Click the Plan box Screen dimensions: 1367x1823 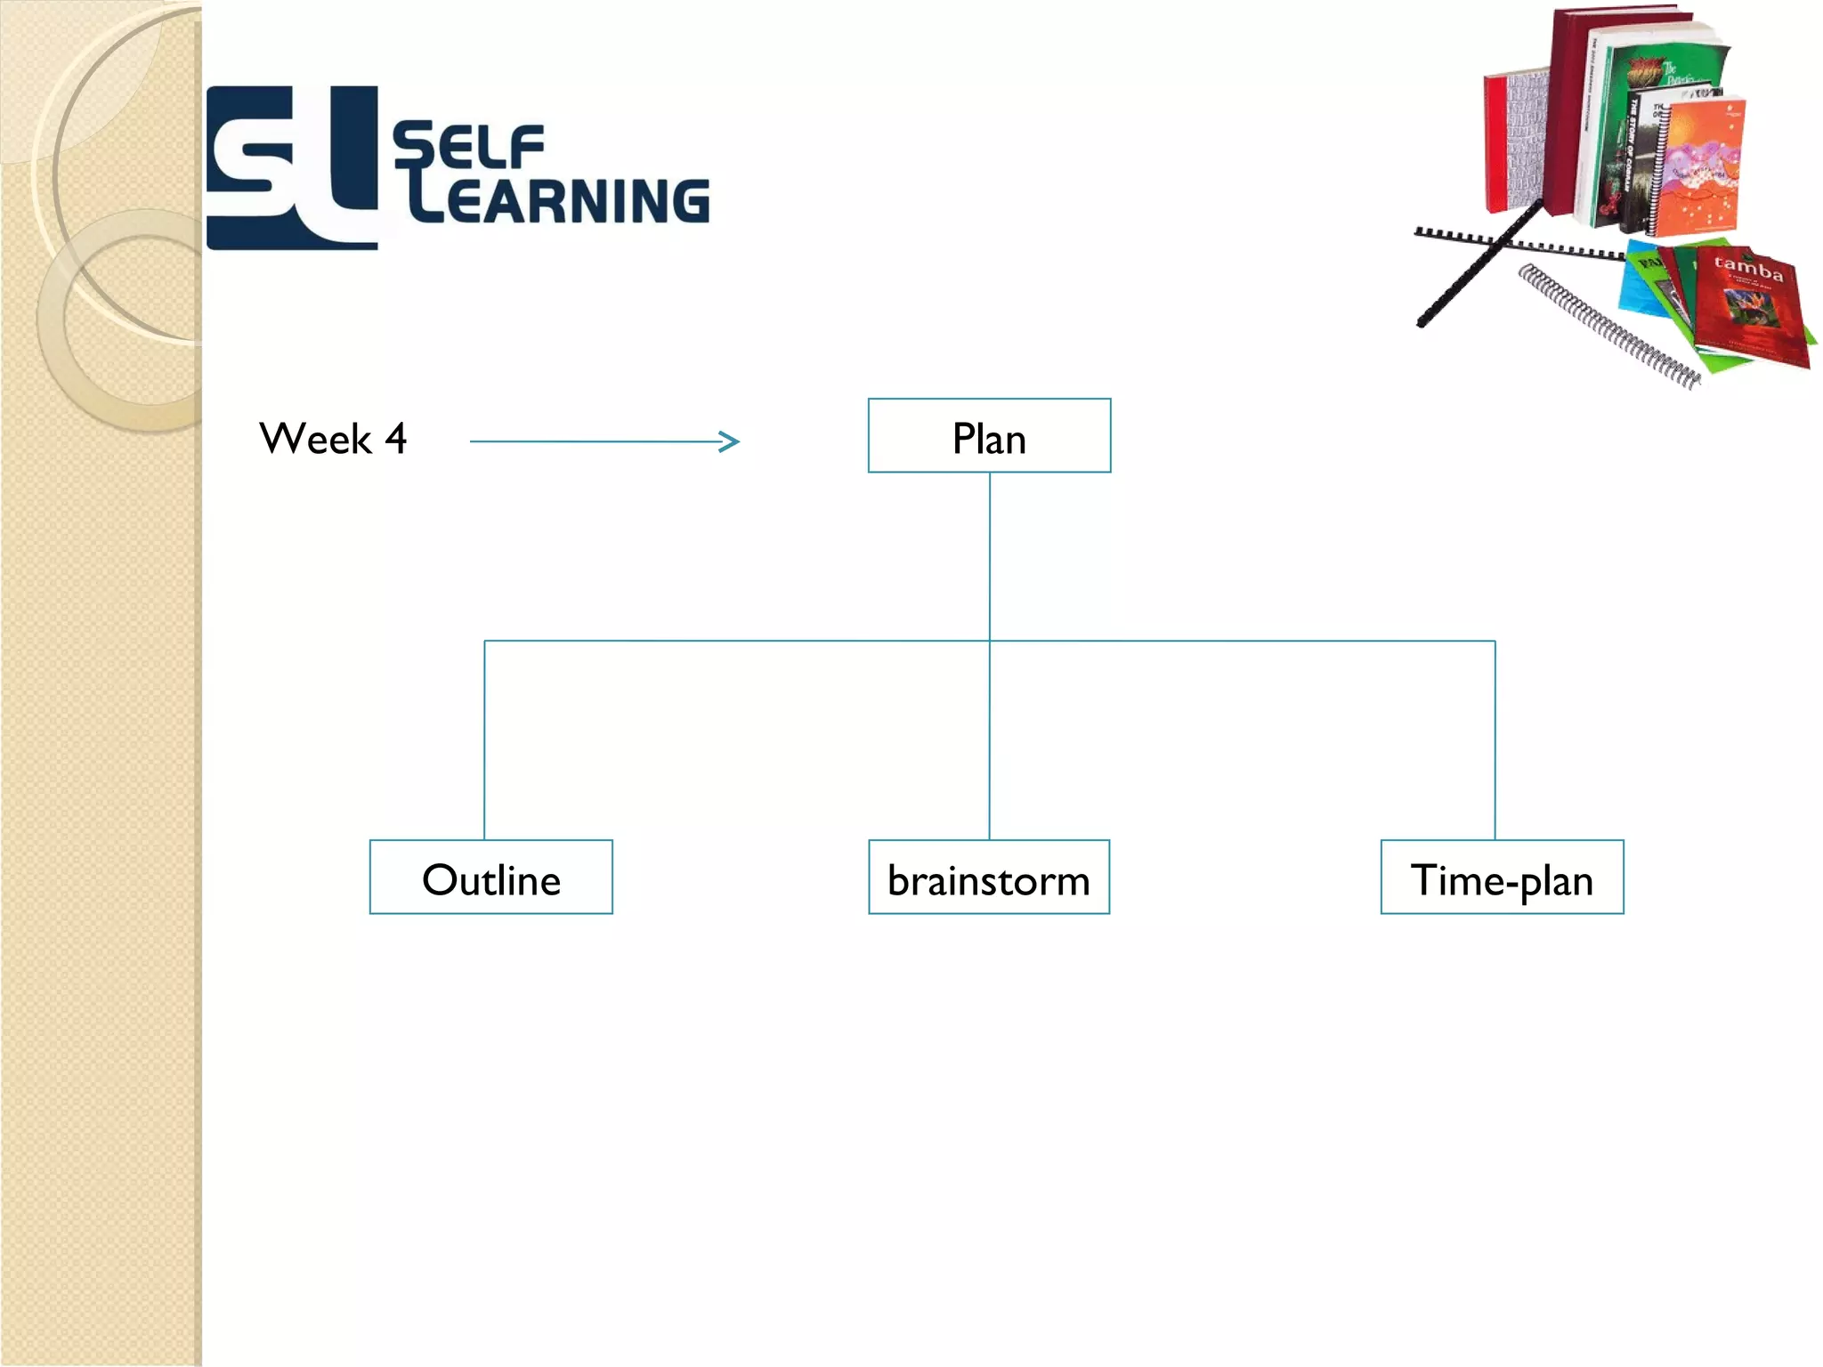(x=989, y=436)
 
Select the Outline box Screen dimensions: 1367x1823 (x=490, y=878)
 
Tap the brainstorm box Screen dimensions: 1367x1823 (x=989, y=878)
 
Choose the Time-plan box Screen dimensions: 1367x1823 (x=1502, y=878)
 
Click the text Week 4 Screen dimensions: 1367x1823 (x=333, y=439)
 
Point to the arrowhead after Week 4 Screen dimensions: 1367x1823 (x=730, y=441)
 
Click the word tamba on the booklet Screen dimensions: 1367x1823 (x=1748, y=267)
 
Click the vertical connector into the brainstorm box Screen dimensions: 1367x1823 (x=990, y=739)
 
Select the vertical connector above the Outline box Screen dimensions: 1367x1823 (x=484, y=739)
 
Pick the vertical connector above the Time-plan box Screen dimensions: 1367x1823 (x=1495, y=739)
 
